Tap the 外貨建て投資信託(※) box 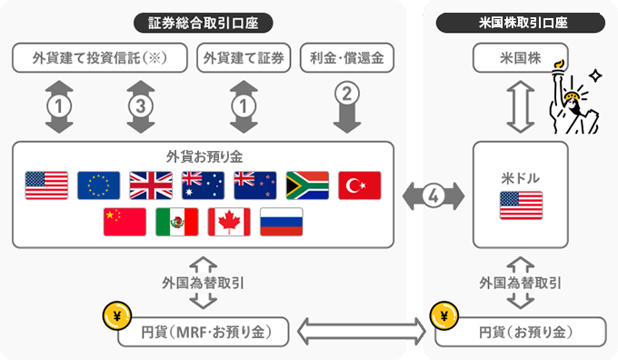[x=99, y=59]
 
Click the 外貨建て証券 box [x=243, y=59]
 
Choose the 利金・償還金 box [x=345, y=59]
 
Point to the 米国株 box [x=520, y=59]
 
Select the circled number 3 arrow [x=138, y=105]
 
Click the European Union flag [x=98, y=185]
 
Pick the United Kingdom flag [x=151, y=185]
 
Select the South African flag [x=307, y=185]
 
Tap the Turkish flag [x=360, y=185]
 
